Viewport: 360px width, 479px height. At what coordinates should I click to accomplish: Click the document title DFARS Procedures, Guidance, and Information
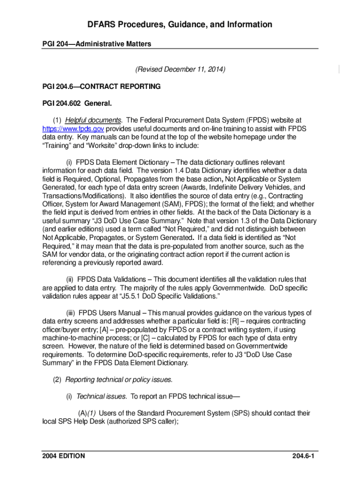pos(180,24)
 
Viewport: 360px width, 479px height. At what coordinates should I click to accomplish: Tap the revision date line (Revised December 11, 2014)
pos(180,70)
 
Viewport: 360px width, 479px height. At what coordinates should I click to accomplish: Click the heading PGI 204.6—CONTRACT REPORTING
pos(101,87)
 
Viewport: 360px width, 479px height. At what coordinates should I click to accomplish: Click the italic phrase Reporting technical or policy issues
pos(119,379)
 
